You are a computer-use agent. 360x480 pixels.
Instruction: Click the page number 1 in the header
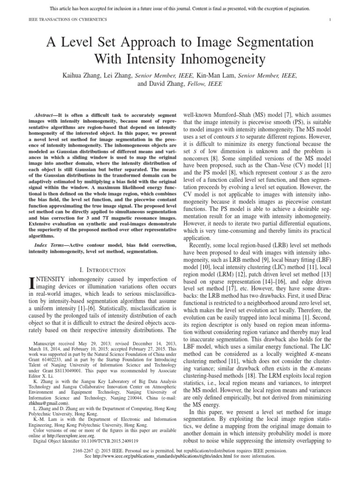coord(330,19)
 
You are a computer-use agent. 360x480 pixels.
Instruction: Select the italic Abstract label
coord(46,115)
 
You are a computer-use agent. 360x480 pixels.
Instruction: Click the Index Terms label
coord(51,245)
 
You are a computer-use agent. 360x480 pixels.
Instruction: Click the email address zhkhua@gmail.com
coord(48,402)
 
